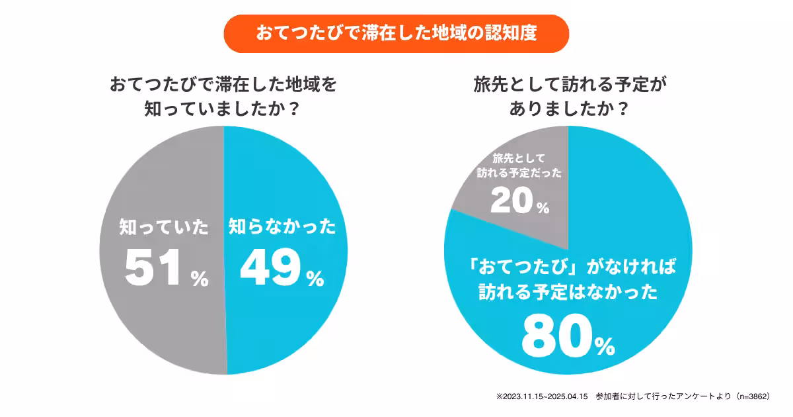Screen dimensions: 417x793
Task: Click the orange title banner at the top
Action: point(397,34)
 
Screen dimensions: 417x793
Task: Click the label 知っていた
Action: point(165,228)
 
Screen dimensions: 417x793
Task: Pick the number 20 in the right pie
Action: point(511,201)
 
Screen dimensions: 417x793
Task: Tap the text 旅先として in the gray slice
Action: point(519,158)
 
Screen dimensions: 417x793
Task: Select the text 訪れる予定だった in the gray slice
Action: point(520,173)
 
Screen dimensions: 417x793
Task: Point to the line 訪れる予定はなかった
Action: point(568,293)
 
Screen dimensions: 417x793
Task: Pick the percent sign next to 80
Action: point(603,346)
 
